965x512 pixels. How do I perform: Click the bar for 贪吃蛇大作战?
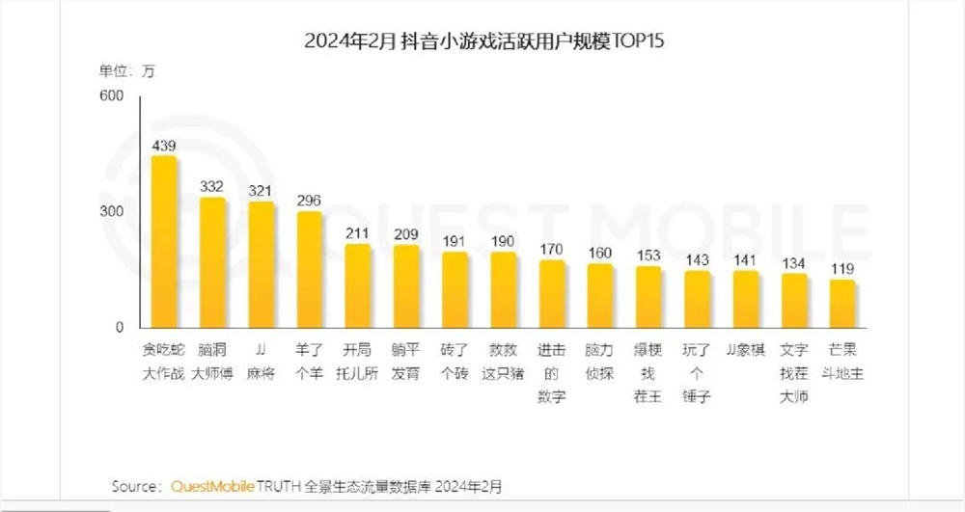pyautogui.click(x=164, y=241)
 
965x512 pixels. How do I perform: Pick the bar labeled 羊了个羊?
pyautogui.click(x=310, y=270)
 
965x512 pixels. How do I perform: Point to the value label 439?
pyautogui.click(x=164, y=145)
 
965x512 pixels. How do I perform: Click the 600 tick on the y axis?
pyautogui.click(x=112, y=95)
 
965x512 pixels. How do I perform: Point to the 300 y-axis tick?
pyautogui.click(x=112, y=212)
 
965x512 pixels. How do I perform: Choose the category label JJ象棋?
pyautogui.click(x=745, y=350)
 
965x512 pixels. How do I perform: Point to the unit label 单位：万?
pyautogui.click(x=126, y=70)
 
